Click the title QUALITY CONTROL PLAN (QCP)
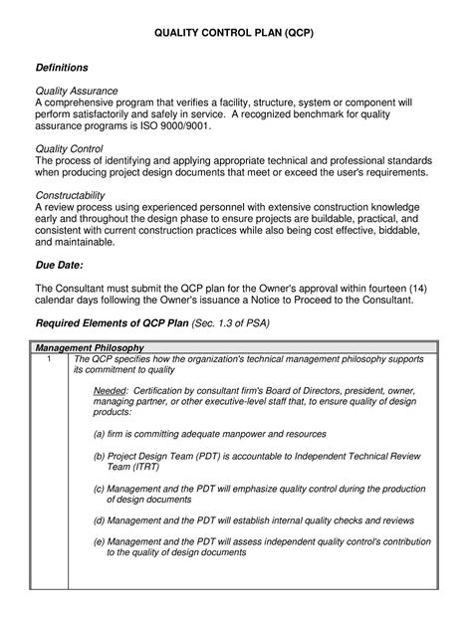[235, 33]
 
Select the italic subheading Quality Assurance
[77, 91]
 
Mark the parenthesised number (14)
[414, 288]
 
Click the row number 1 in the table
[47, 358]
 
